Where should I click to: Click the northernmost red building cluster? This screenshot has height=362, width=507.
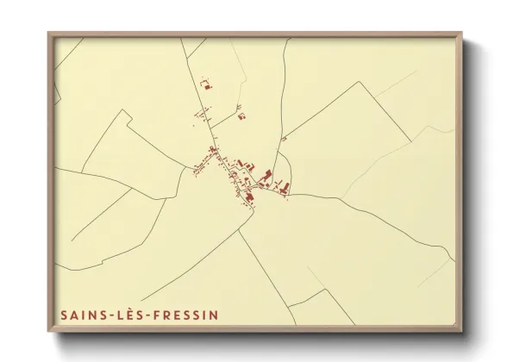[206, 84]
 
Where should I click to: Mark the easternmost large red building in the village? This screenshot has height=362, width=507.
[285, 185]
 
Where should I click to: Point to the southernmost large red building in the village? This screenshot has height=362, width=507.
[249, 197]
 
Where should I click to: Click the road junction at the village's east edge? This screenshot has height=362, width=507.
[289, 195]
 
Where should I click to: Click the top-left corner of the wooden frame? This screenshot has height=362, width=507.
[48, 34]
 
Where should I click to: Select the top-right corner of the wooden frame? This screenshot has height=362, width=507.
[464, 34]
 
